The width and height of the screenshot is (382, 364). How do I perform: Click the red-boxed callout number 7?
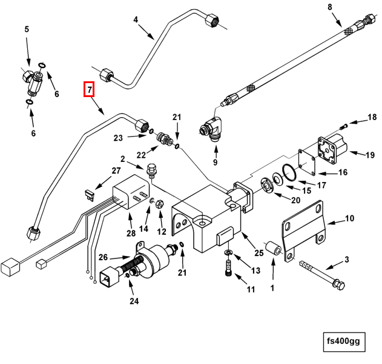click(x=89, y=90)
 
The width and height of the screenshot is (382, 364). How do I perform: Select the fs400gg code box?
click(x=343, y=341)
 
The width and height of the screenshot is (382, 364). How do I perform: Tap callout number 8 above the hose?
click(x=330, y=7)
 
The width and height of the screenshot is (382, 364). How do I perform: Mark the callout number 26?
click(x=103, y=256)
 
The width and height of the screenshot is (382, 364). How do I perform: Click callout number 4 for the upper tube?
click(x=136, y=19)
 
